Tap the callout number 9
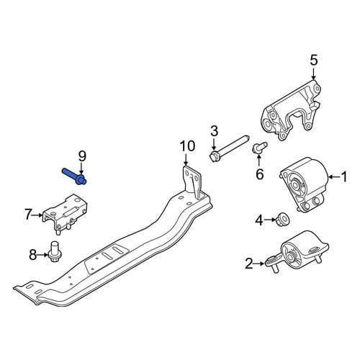[x=82, y=157]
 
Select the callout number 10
[x=188, y=146]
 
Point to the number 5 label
[x=313, y=60]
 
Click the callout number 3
[x=214, y=131]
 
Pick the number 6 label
[x=260, y=174]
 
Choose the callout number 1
[x=344, y=177]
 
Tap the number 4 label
[x=259, y=220]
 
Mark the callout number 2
[x=249, y=264]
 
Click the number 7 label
[x=28, y=215]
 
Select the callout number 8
[x=32, y=255]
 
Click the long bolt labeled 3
[x=229, y=149]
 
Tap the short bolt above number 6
[x=259, y=148]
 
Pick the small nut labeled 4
[x=283, y=219]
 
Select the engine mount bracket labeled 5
[x=291, y=111]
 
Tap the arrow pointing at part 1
[x=334, y=177]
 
